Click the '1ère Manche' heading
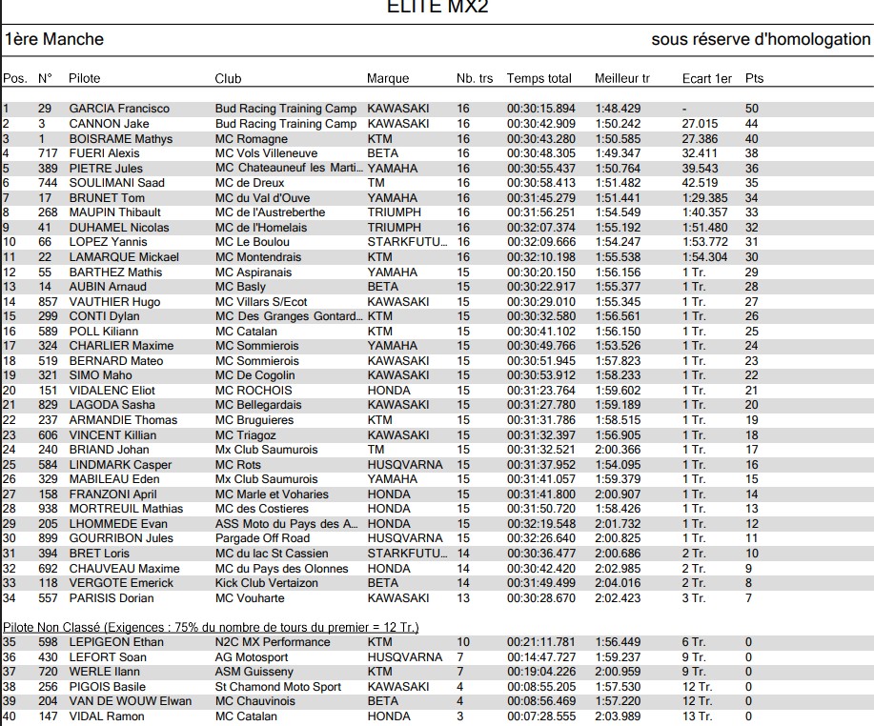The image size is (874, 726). pos(54,40)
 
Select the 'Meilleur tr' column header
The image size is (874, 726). pos(621,78)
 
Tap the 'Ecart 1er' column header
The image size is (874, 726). pos(707,78)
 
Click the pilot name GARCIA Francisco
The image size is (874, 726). pos(119,109)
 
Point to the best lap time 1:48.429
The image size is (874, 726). pos(618,109)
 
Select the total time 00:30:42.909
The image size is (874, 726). pos(540,124)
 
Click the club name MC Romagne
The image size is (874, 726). pos(252,138)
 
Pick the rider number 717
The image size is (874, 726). pos(48,153)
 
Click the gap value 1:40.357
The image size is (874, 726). pos(704,212)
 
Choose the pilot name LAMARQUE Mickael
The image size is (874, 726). pos(124,257)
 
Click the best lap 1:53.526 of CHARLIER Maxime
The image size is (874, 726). pos(618,346)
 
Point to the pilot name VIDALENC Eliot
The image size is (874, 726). pos(112,391)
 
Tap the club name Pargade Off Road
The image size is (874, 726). pos(262,538)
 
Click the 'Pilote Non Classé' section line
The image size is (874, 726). pos(211,627)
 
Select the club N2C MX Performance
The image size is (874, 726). pos(273,642)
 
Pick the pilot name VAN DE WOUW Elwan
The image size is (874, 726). pos(130,701)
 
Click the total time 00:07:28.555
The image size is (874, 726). pos(540,716)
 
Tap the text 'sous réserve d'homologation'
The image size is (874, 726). pos(761,40)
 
